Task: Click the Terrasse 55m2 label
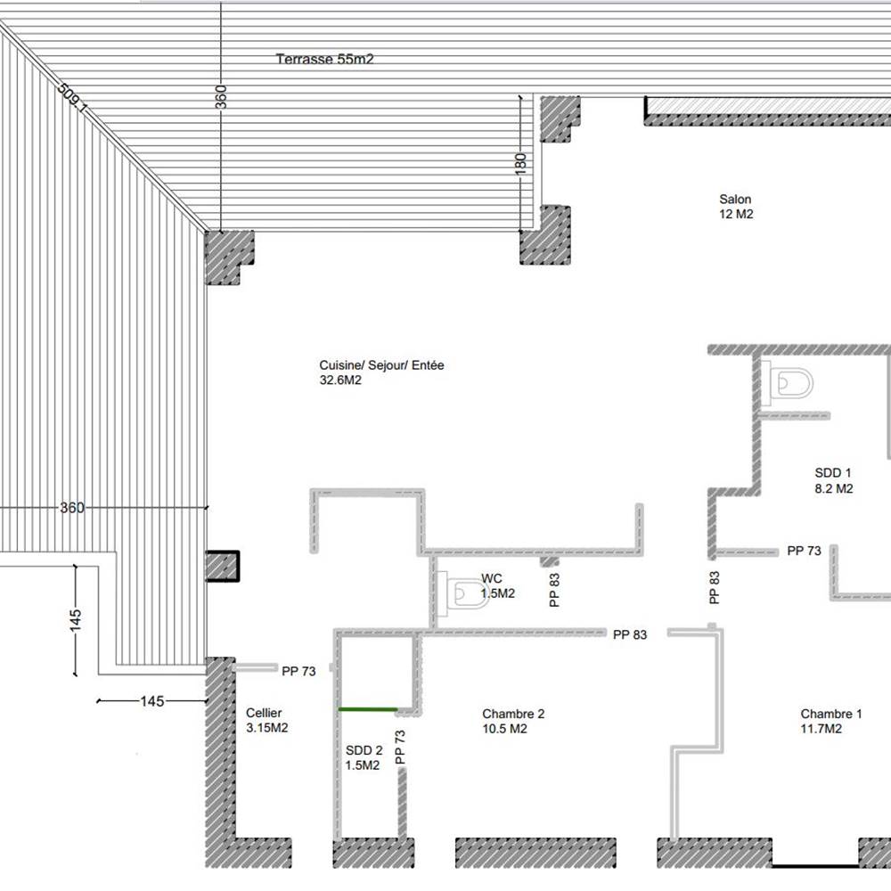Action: [x=323, y=60]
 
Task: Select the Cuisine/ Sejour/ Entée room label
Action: [x=381, y=372]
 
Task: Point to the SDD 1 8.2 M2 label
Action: [x=833, y=480]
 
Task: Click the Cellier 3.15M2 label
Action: [x=266, y=721]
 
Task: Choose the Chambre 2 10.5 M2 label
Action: [x=513, y=721]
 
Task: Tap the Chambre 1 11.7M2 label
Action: [x=830, y=721]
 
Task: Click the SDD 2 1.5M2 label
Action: [x=364, y=757]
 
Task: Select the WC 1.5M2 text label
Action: [x=497, y=585]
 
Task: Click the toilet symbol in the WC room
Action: [x=469, y=593]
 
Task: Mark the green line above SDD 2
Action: [x=368, y=709]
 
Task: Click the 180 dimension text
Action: [x=521, y=162]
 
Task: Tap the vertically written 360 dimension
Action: [x=221, y=95]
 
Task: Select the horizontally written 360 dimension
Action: [x=71, y=508]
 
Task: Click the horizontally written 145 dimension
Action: [x=152, y=701]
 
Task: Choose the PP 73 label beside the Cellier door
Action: [x=298, y=672]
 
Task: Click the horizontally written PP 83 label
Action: [x=629, y=634]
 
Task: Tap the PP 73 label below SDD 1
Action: [x=804, y=552]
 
